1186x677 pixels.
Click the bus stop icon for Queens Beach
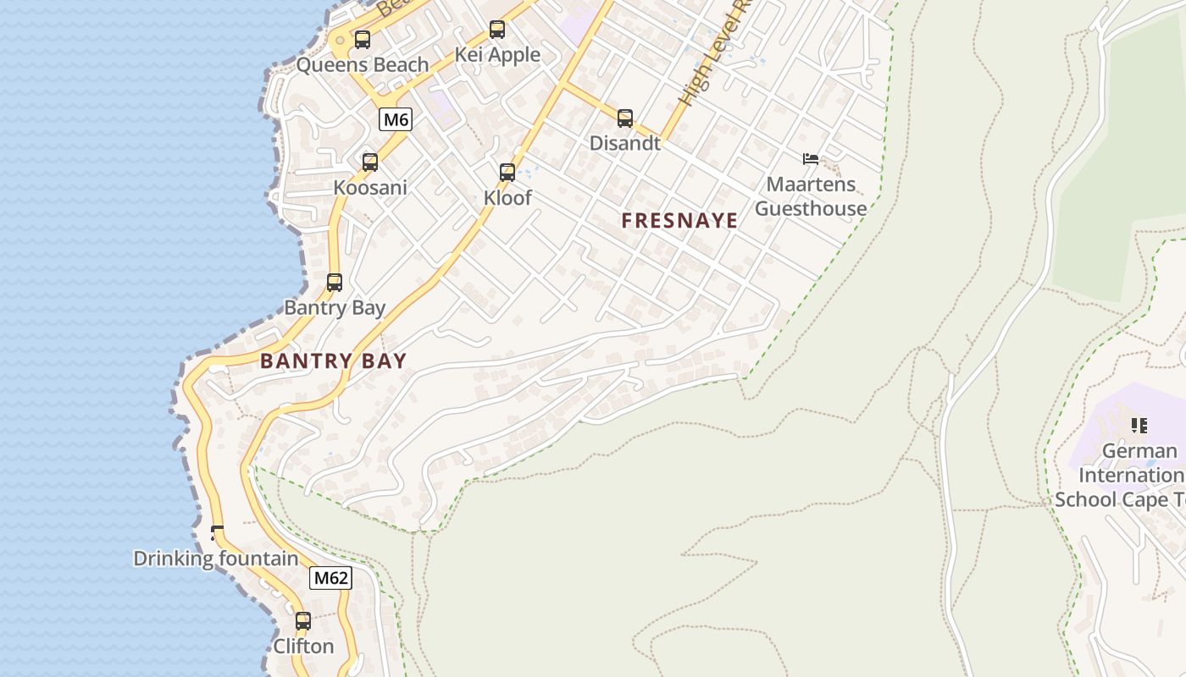[x=363, y=40]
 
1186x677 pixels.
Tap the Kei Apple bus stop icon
[x=497, y=30]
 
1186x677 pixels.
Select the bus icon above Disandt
[x=625, y=118]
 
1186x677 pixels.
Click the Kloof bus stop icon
[x=507, y=173]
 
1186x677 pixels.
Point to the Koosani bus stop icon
[x=370, y=162]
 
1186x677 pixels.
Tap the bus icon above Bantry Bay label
[x=335, y=283]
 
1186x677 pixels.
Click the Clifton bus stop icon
[x=303, y=621]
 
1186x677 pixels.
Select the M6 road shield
[x=396, y=119]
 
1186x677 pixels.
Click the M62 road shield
[x=330, y=578]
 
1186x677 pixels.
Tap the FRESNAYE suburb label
[x=679, y=221]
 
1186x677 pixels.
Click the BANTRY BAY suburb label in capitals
[x=333, y=361]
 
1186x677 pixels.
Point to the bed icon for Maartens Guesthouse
[x=811, y=158]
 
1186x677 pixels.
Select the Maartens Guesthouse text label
[x=811, y=196]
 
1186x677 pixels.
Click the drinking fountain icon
[x=217, y=532]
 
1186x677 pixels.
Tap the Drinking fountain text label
[x=216, y=559]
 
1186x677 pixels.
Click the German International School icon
[x=1139, y=425]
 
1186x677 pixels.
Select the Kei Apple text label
[x=497, y=55]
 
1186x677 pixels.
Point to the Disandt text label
[x=625, y=143]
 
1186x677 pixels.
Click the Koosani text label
[x=370, y=187]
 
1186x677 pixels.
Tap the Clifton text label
[x=303, y=646]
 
